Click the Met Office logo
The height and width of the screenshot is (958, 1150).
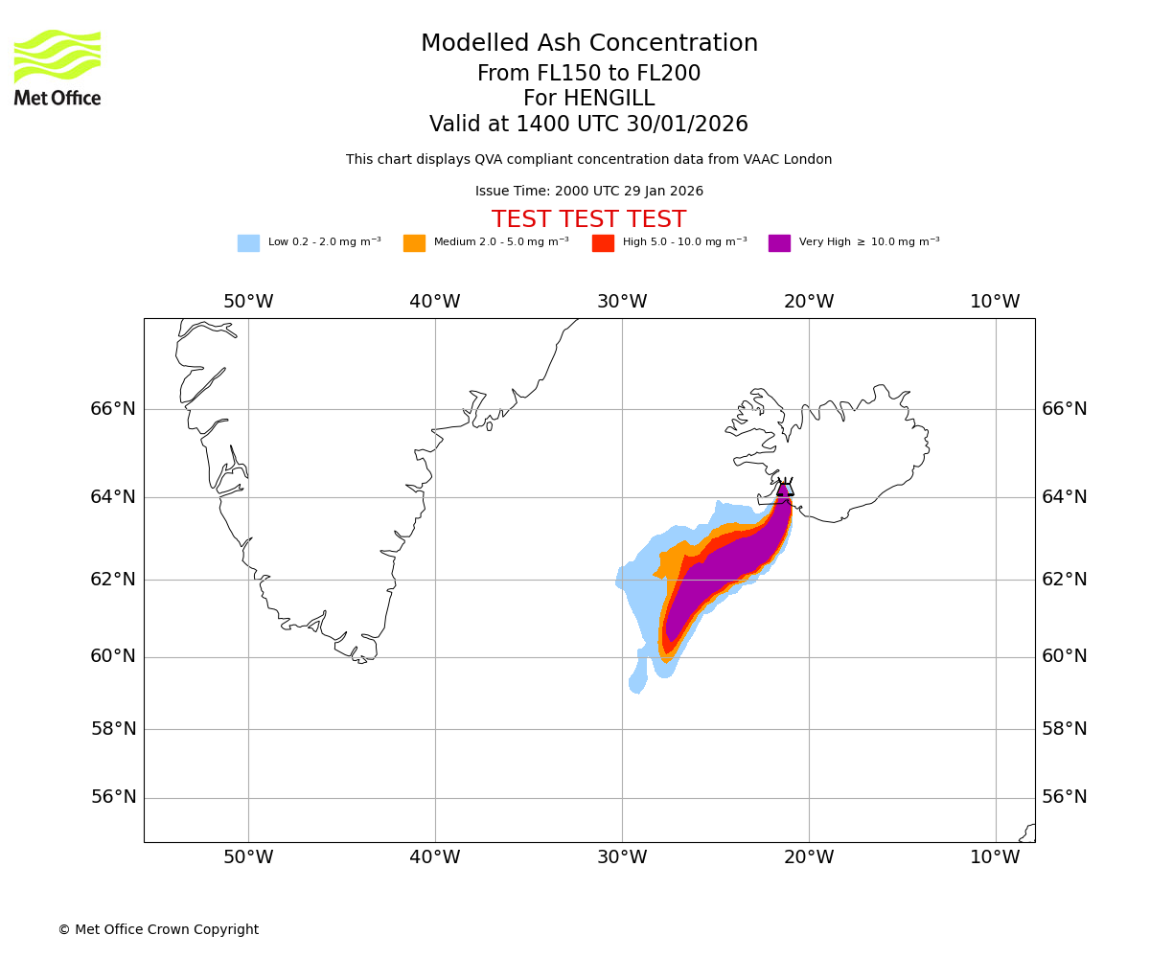click(57, 67)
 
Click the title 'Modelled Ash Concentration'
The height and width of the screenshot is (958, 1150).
click(588, 44)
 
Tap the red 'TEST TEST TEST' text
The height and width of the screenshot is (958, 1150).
click(588, 219)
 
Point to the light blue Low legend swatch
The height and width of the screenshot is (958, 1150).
click(248, 243)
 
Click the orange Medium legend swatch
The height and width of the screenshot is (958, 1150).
click(414, 243)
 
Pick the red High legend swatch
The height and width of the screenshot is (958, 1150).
click(603, 243)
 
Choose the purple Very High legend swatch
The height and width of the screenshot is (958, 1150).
click(779, 243)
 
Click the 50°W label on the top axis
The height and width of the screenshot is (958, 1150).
click(248, 302)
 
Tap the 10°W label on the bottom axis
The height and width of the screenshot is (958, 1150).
click(995, 857)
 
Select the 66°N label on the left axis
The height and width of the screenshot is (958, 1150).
click(113, 409)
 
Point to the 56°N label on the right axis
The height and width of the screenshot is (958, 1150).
click(1065, 797)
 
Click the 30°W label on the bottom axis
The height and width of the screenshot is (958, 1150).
click(622, 857)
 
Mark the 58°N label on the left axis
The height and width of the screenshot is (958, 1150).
click(113, 729)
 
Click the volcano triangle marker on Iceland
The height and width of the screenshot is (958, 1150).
click(785, 488)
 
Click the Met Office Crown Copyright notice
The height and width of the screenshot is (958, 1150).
click(158, 929)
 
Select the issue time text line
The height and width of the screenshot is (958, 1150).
click(588, 192)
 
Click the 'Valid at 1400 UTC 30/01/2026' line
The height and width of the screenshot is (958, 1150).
click(588, 125)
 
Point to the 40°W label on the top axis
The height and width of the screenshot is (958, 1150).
click(435, 302)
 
